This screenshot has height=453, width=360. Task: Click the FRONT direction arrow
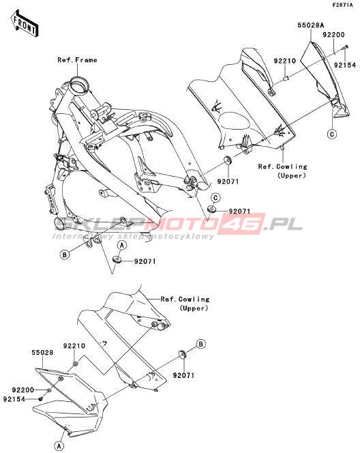tap(25, 24)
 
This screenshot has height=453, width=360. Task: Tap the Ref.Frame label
tap(77, 60)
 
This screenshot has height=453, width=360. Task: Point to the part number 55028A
tap(311, 25)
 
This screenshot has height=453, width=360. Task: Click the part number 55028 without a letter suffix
tap(42, 353)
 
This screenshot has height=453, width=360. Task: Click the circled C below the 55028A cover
tap(332, 134)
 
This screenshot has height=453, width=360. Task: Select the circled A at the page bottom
tap(59, 445)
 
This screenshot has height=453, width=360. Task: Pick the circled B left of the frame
tap(65, 255)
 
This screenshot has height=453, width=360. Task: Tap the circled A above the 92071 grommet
tap(122, 246)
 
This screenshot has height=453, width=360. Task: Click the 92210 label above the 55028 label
tap(74, 346)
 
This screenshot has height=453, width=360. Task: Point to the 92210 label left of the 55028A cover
tap(284, 61)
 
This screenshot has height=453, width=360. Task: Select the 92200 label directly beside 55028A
tap(333, 35)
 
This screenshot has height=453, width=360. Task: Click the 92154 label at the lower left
tap(14, 399)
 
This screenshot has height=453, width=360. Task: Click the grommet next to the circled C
tap(211, 209)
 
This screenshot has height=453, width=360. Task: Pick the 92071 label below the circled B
tap(183, 375)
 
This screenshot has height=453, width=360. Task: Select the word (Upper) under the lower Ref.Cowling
tap(194, 308)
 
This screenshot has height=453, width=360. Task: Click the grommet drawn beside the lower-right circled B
tap(183, 353)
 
